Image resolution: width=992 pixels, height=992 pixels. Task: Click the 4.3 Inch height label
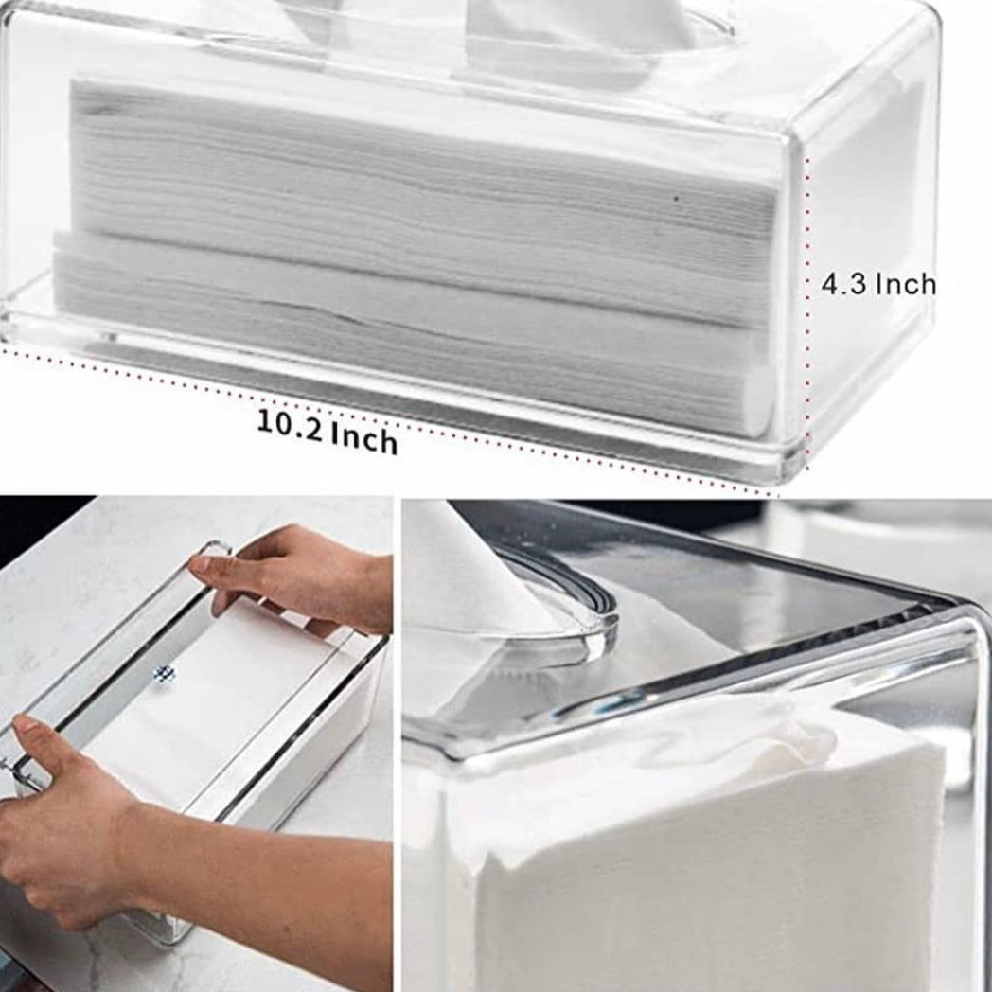click(x=878, y=284)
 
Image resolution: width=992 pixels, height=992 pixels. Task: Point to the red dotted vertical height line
click(x=808, y=313)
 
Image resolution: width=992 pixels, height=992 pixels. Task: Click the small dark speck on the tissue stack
click(x=676, y=198)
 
